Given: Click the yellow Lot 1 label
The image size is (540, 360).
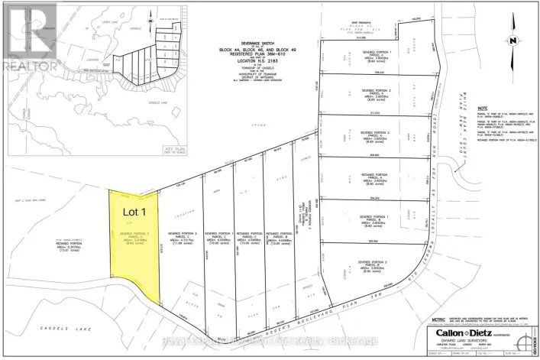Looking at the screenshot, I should coord(134,206).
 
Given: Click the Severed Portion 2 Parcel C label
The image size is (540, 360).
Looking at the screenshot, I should coord(185,236).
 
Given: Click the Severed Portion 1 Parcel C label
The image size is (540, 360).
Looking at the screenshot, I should coord(220,236).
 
